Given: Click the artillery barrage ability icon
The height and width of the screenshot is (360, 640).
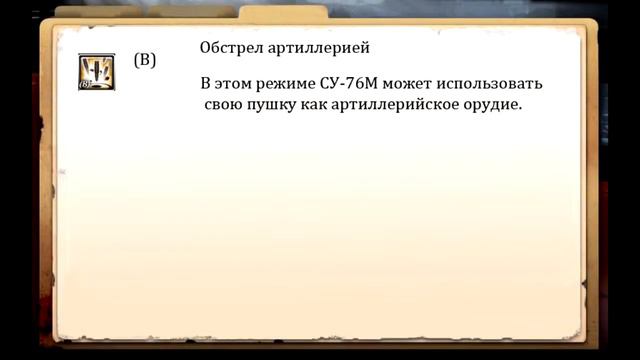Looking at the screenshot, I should pos(97,72).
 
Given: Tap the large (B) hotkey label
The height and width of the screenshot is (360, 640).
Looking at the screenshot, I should pos(145,60).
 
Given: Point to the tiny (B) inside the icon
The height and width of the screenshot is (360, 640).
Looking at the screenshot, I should pos(85,84).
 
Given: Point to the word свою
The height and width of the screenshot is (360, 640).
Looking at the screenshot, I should pos(223,106).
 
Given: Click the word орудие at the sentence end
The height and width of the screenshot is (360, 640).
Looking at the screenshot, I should pos(490,106).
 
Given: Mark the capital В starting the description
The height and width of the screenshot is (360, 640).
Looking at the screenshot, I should pos(205,85).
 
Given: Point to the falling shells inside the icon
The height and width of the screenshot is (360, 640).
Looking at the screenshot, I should pos(98,68).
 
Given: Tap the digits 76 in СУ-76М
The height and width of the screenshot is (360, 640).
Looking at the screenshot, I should pos(364,85).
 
